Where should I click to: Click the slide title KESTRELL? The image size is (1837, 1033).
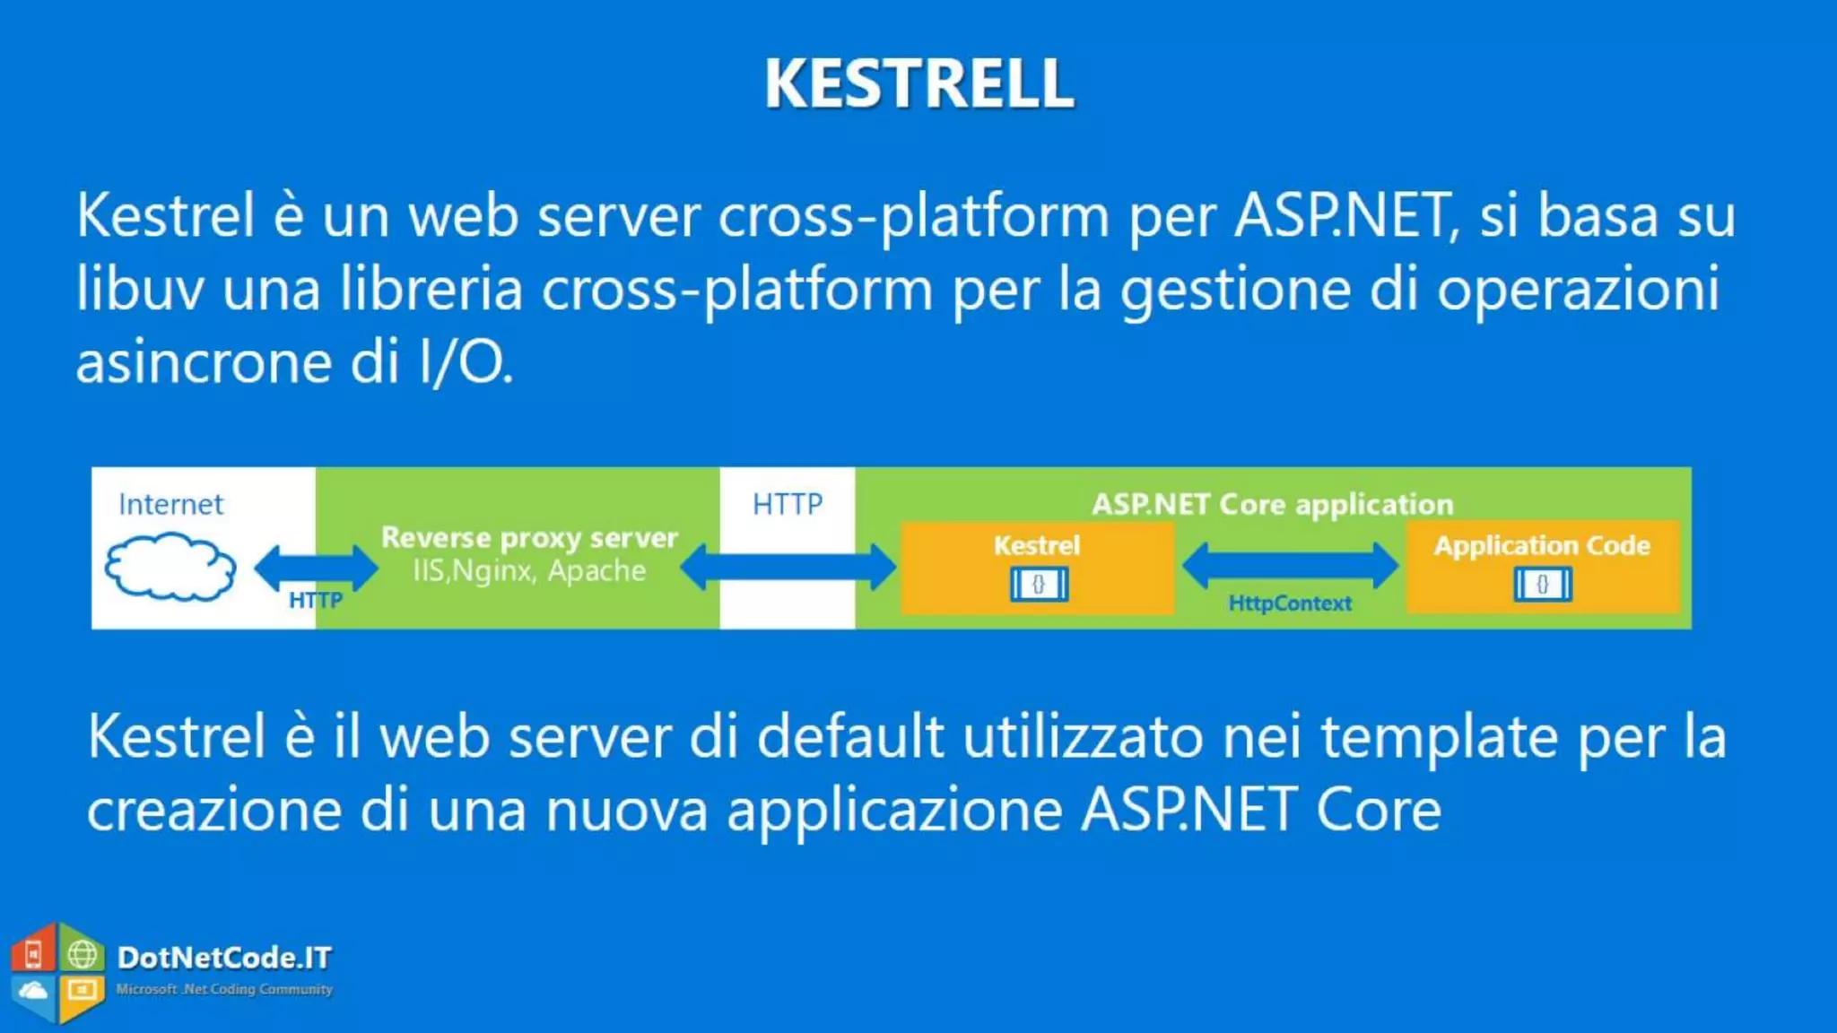(x=918, y=83)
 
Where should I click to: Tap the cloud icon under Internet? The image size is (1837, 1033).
(x=170, y=566)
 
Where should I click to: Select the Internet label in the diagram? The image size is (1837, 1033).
(x=170, y=504)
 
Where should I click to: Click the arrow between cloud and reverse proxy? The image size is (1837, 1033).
(x=316, y=567)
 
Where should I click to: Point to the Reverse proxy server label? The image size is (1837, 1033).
(x=529, y=537)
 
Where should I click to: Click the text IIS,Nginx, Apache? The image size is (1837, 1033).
(x=529, y=570)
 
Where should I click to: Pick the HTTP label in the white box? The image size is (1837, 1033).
(x=787, y=504)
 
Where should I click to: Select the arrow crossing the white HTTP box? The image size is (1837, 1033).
(x=788, y=567)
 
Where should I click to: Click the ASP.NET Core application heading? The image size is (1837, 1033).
(x=1272, y=504)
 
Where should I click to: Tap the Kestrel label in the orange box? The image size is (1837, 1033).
(x=1037, y=545)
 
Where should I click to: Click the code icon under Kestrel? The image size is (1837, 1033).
(x=1039, y=585)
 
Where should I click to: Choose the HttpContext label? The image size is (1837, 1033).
(x=1290, y=603)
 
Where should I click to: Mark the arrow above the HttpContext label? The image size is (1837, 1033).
(x=1290, y=564)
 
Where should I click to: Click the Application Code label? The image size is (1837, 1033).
(x=1542, y=545)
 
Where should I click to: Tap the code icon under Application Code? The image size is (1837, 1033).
(x=1543, y=585)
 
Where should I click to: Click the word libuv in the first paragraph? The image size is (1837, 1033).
(x=140, y=289)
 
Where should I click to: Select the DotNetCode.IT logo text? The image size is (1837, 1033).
(x=224, y=958)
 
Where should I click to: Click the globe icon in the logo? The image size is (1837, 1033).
(x=83, y=954)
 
